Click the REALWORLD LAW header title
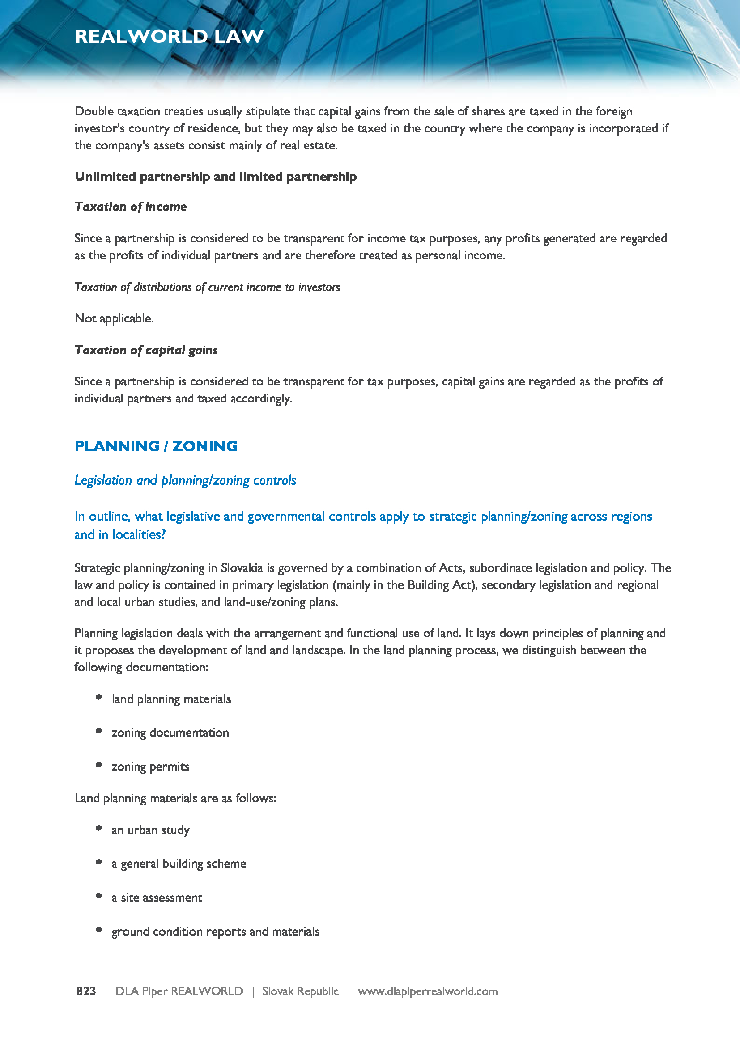coord(169,36)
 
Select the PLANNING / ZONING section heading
coord(156,446)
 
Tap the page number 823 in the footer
coord(86,991)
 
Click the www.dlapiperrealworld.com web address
coord(427,991)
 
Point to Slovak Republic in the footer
coord(300,991)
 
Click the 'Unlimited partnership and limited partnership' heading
coord(216,177)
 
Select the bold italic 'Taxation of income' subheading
coord(131,207)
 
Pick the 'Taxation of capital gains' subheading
coord(146,350)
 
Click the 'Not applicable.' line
coord(114,318)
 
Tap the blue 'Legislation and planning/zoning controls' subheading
coord(185,480)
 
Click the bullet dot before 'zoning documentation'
coord(99,731)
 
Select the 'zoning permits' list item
coord(150,767)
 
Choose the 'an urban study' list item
coord(150,830)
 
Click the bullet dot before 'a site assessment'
coord(99,896)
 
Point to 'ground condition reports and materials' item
coord(216,932)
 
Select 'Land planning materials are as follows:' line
coord(175,798)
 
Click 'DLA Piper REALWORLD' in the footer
coord(179,991)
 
